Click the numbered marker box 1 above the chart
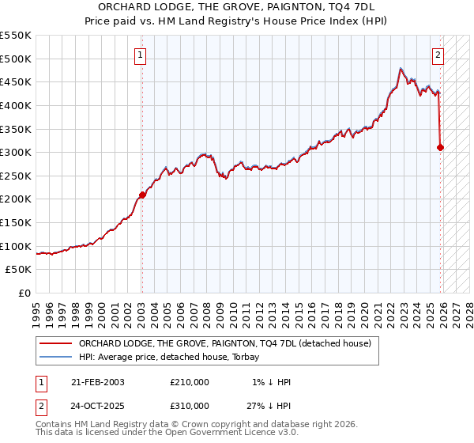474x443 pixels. (140, 55)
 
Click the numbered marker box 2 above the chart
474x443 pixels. (438, 55)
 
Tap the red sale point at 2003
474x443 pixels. (142, 195)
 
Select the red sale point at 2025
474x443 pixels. (440, 147)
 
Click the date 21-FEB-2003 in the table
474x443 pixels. (97, 382)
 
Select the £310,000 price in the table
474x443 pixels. (190, 406)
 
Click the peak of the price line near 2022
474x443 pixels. (401, 67)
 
